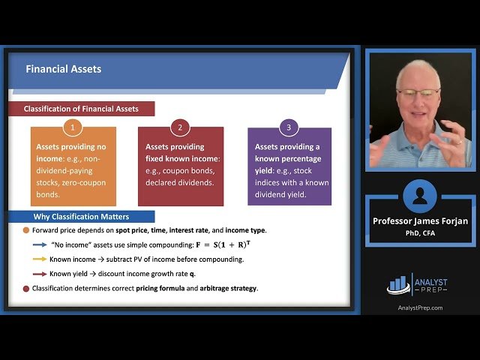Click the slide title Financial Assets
pyautogui.click(x=64, y=69)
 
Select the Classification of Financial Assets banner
pyautogui.click(x=81, y=109)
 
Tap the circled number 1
pyautogui.click(x=73, y=127)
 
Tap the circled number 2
pyautogui.click(x=180, y=127)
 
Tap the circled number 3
pyautogui.click(x=288, y=127)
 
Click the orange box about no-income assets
pyautogui.click(x=73, y=166)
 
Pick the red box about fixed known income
pyautogui.click(x=180, y=166)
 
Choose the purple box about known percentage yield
pyautogui.click(x=289, y=166)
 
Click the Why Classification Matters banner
pyautogui.click(x=81, y=217)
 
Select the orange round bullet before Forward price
pyautogui.click(x=26, y=230)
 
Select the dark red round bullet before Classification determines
pyautogui.click(x=26, y=288)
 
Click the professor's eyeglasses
pyautogui.click(x=418, y=94)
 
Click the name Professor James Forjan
pyautogui.click(x=419, y=221)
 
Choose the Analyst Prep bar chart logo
pyautogui.click(x=400, y=283)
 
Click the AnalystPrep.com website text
pyautogui.click(x=419, y=307)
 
